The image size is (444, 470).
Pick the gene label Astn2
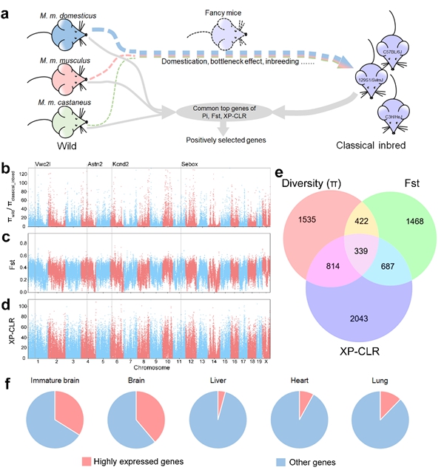(95, 164)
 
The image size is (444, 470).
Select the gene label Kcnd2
(121, 164)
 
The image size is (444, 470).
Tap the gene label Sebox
(189, 164)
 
